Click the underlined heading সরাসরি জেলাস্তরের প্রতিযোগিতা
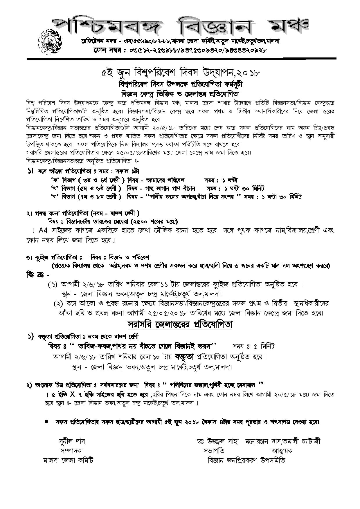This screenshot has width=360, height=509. point(180,324)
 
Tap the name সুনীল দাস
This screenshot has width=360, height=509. point(72,441)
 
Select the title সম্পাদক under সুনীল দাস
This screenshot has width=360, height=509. point(71,451)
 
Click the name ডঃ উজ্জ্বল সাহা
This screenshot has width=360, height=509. point(217,441)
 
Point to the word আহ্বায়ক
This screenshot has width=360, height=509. point(282,451)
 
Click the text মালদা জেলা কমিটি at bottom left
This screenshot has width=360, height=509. point(68,460)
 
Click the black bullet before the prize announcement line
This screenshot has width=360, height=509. point(46,422)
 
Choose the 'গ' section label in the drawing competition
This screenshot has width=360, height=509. point(55,197)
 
